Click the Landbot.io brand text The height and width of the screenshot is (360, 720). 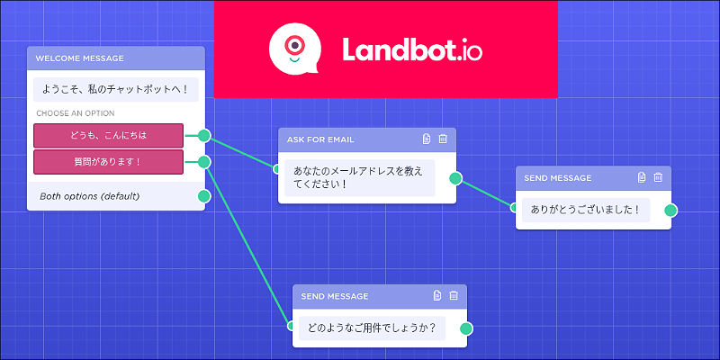coord(411,50)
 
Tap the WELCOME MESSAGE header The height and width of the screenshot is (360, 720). coord(80,58)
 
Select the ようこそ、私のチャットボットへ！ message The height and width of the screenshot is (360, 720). coord(115,90)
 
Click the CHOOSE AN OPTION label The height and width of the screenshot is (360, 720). coord(76,114)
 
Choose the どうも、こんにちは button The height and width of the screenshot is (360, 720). coord(108,136)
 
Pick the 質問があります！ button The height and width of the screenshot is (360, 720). coord(108,162)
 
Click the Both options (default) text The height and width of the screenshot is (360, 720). coord(89,195)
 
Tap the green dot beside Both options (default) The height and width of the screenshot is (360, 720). coord(204,195)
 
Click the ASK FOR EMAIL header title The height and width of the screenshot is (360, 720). coord(320,139)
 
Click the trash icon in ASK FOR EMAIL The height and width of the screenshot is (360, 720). coord(443,139)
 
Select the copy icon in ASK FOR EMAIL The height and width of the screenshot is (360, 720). coord(427,139)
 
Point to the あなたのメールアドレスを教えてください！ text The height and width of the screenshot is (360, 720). coord(356,177)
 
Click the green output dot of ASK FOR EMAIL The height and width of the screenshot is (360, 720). coord(455,178)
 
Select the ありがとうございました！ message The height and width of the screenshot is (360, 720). coord(585,210)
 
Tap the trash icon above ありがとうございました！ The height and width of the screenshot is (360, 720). coord(658,178)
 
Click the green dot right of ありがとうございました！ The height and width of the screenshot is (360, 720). coord(670,211)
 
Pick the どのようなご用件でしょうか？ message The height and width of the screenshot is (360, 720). coord(371,328)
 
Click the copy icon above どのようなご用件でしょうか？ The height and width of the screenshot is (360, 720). coord(436,295)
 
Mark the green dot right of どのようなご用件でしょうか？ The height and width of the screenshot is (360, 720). coord(465,328)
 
